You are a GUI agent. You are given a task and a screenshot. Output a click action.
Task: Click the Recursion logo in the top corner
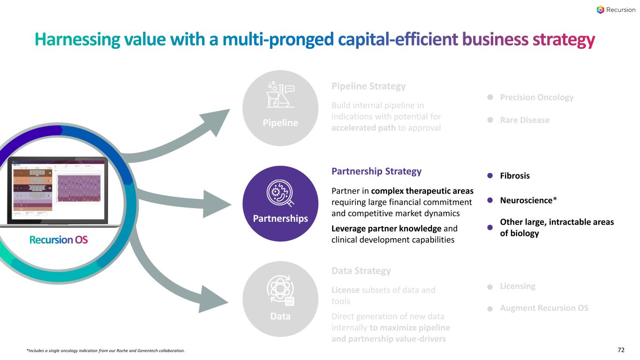616,10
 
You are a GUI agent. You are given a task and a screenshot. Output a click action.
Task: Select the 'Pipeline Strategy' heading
368,86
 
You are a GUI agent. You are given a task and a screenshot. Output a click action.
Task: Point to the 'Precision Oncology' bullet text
536,97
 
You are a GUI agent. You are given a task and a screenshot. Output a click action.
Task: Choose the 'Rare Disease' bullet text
524,120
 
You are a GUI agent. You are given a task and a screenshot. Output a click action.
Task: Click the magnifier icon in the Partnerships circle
280,195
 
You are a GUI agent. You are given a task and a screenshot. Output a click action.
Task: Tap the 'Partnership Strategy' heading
376,171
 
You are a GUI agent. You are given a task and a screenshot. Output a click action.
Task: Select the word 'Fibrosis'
515,176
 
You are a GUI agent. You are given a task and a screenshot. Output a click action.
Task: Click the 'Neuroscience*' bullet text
528,200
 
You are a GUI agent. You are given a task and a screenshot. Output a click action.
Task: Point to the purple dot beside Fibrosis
490,176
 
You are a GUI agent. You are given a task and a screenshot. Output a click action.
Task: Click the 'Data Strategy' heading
361,270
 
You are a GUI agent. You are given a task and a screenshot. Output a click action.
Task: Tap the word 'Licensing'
518,286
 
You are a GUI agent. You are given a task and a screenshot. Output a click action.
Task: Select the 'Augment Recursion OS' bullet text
544,308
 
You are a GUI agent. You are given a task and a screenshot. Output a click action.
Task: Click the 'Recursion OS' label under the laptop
58,240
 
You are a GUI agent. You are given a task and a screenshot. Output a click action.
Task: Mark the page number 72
621,350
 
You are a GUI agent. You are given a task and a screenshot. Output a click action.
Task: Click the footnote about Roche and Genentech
105,351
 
